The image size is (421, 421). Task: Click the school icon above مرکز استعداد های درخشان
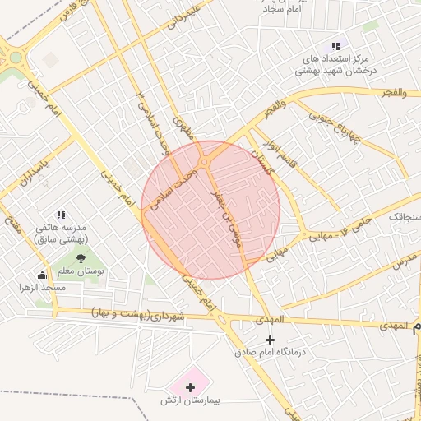coord(335,46)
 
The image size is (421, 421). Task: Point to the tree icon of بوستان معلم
coord(81,258)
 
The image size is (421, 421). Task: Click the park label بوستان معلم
coord(81,271)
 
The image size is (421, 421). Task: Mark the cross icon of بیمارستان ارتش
coord(191,386)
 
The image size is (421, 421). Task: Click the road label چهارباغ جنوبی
coord(335,127)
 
